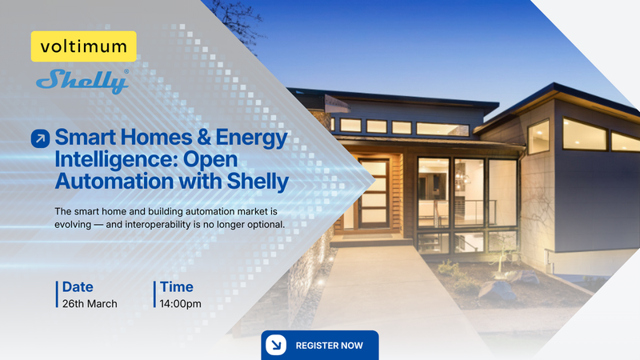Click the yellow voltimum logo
[x=83, y=47]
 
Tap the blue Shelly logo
[x=82, y=81]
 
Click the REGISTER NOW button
[x=319, y=346]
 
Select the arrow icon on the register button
[x=276, y=346]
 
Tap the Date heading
[x=78, y=286]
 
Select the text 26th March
[x=90, y=304]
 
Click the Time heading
[x=176, y=286]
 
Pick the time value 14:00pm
[x=180, y=304]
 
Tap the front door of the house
[x=373, y=196]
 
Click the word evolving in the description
[x=78, y=224]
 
